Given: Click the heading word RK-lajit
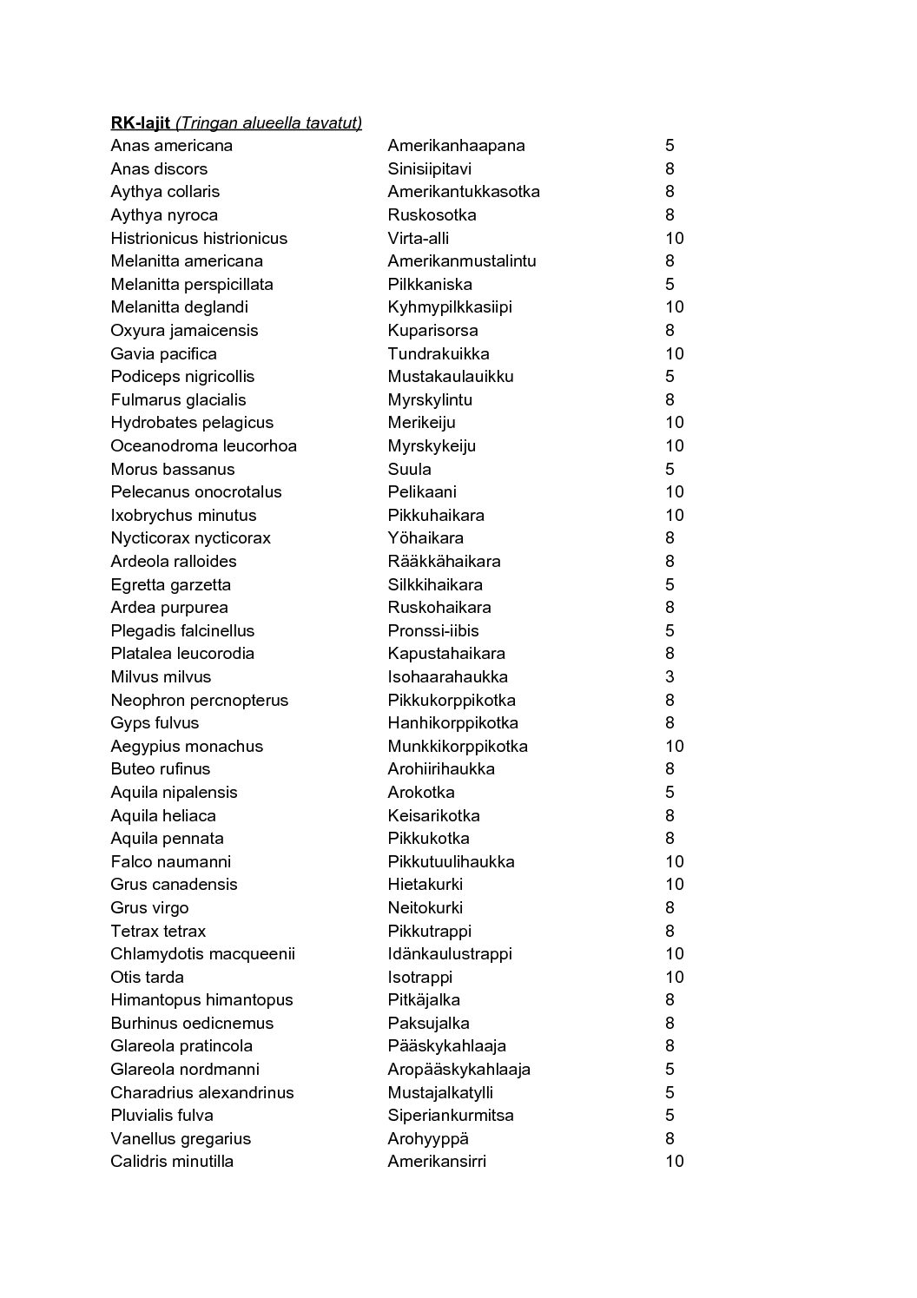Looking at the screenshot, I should (x=140, y=122).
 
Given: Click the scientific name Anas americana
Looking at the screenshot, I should (x=171, y=146).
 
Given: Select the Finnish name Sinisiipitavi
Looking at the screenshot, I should (x=429, y=168).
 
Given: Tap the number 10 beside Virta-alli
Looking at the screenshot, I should (x=674, y=238).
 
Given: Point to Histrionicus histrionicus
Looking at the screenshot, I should (x=198, y=238).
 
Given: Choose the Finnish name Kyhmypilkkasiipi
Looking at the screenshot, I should (x=449, y=307).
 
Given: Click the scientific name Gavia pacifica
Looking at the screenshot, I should (x=163, y=353).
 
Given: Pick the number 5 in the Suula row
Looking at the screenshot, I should (x=670, y=469).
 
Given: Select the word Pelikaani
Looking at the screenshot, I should (x=421, y=492).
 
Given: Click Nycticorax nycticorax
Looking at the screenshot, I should (x=190, y=538).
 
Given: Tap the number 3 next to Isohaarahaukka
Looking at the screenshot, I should (x=670, y=676).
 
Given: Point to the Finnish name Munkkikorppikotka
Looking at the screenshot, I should (x=457, y=746).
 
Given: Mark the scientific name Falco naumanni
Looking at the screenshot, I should (x=170, y=861).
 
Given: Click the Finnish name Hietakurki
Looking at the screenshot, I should (x=425, y=885).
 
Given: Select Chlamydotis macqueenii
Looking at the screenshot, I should (x=202, y=953).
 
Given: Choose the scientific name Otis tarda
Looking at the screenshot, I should (x=147, y=977).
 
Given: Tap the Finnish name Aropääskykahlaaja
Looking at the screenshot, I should (x=458, y=1069).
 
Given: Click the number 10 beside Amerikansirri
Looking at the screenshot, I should (x=674, y=1161).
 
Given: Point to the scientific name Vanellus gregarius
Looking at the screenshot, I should (x=180, y=1138).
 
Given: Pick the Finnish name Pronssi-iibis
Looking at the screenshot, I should (x=432, y=630).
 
